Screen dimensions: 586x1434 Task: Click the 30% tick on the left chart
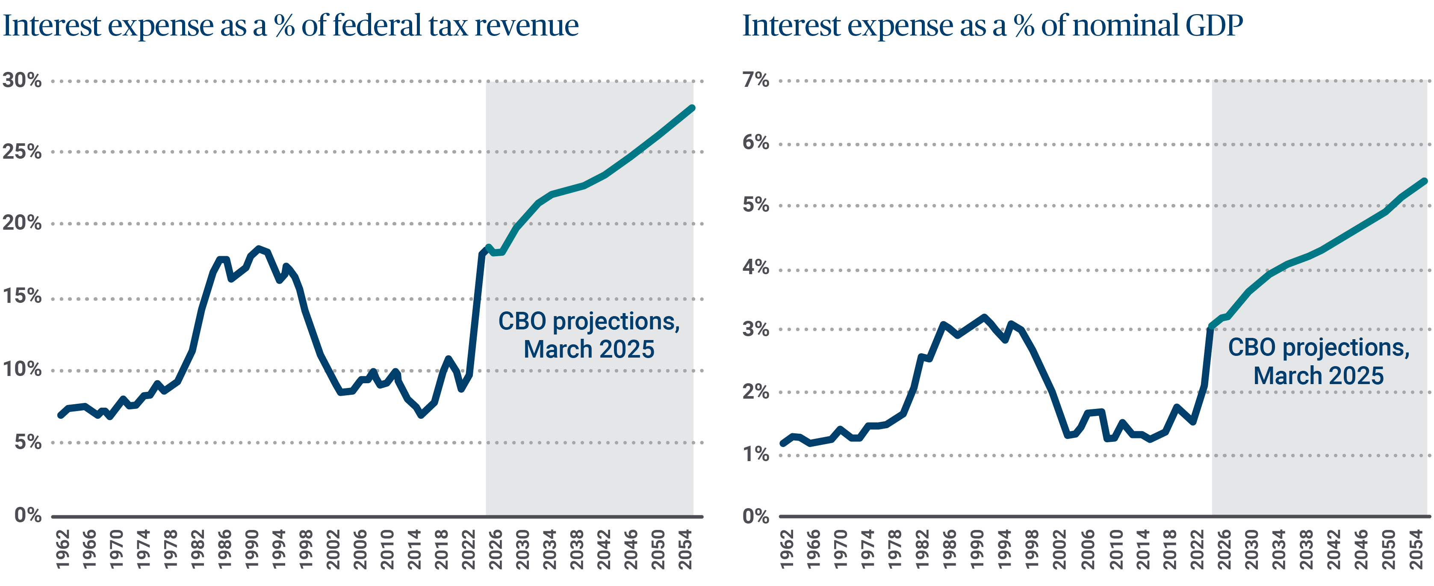22,80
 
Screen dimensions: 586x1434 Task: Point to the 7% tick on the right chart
755,80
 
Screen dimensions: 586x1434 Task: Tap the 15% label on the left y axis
22,296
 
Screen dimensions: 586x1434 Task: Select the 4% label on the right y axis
755,267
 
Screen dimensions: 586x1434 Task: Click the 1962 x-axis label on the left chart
63,549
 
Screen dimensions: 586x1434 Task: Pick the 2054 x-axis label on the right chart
1416,549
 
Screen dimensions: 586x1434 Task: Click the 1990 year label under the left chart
252,549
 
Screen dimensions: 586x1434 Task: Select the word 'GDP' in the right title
1213,26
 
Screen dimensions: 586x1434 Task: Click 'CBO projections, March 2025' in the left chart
589,335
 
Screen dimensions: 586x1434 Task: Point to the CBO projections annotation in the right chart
1318,361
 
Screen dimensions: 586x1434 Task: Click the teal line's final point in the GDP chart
1425,181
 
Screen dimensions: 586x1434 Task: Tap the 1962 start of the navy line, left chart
60,415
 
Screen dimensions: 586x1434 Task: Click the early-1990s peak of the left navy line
259,249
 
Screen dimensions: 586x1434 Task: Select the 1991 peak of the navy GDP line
984,317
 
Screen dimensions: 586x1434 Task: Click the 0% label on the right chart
755,516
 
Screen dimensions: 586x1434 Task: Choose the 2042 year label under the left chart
603,549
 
